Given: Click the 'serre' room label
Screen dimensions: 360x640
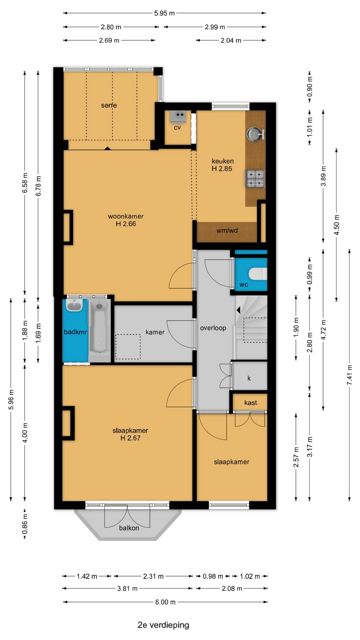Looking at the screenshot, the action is (109, 105).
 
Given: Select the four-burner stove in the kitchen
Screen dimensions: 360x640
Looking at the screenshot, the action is (255, 179).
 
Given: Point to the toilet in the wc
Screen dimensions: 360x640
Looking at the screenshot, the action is (258, 274).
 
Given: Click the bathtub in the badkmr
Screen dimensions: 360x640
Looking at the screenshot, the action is (99, 328).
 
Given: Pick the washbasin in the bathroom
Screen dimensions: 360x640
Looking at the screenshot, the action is (74, 305).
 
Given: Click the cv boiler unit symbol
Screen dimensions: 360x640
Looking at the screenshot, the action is (178, 116).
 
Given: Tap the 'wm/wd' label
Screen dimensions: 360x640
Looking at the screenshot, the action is (227, 230).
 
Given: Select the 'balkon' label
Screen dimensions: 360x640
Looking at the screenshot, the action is (129, 528).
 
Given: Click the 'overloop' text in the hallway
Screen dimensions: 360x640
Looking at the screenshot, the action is (213, 328).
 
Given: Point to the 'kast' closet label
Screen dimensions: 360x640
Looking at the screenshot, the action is (251, 403).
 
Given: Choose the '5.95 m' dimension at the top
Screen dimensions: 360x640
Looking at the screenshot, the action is (164, 13).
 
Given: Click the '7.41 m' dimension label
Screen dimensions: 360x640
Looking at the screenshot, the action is (350, 375).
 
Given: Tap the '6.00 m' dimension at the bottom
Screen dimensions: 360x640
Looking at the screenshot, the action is (165, 602).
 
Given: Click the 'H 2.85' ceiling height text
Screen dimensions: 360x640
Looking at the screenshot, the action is (222, 169).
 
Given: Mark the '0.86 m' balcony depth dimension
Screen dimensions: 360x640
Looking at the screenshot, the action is (25, 524).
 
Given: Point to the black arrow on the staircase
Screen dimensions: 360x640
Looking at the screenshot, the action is (238, 310).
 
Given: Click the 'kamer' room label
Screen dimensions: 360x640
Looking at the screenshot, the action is (155, 332).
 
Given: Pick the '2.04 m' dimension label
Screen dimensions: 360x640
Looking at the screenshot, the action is (231, 40).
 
